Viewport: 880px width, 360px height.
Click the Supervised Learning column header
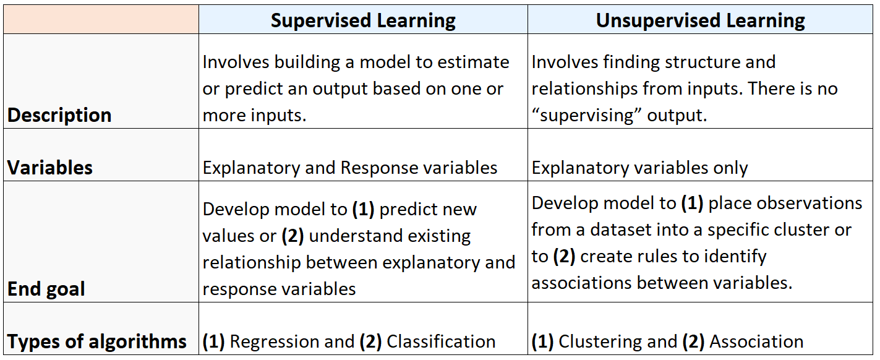click(363, 20)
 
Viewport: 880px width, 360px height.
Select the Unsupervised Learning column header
click(700, 20)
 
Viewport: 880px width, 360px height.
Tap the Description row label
click(59, 115)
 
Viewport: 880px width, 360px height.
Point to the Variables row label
click(50, 168)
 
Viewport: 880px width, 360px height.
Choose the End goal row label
click(46, 289)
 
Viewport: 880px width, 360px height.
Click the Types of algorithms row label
click(97, 341)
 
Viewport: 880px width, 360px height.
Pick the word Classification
click(441, 341)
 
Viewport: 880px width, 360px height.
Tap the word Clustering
click(600, 341)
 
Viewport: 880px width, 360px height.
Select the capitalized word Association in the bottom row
click(756, 341)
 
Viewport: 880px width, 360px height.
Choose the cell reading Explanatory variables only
click(639, 168)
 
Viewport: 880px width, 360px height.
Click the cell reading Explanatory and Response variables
click(350, 168)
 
